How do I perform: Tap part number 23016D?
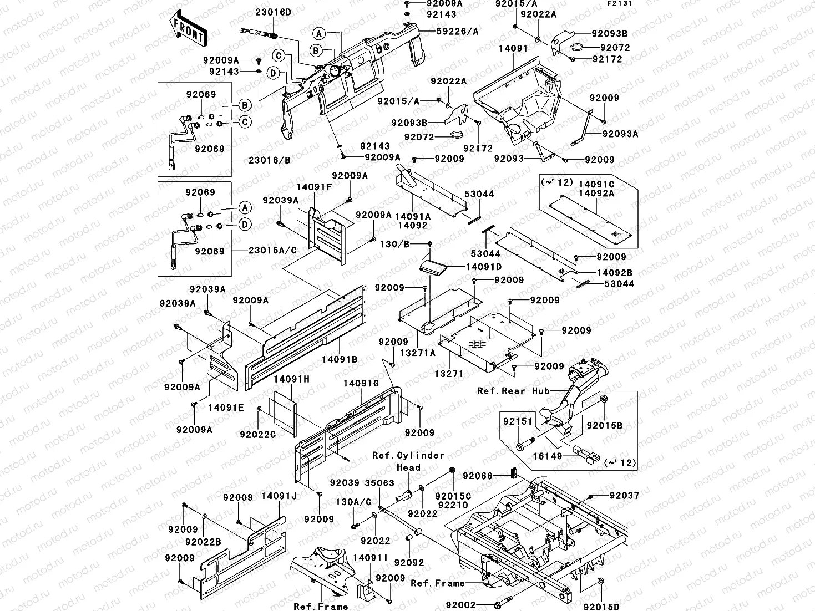pyautogui.click(x=273, y=12)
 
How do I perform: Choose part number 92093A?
pyautogui.click(x=620, y=134)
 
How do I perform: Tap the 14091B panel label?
pyautogui.click(x=340, y=359)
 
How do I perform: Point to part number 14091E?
pyautogui.click(x=226, y=408)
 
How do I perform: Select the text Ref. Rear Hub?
pyautogui.click(x=513, y=391)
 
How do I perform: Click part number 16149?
pyautogui.click(x=547, y=456)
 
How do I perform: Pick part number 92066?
pyautogui.click(x=478, y=476)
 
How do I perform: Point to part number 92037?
pyautogui.click(x=624, y=496)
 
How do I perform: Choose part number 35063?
pyautogui.click(x=380, y=483)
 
